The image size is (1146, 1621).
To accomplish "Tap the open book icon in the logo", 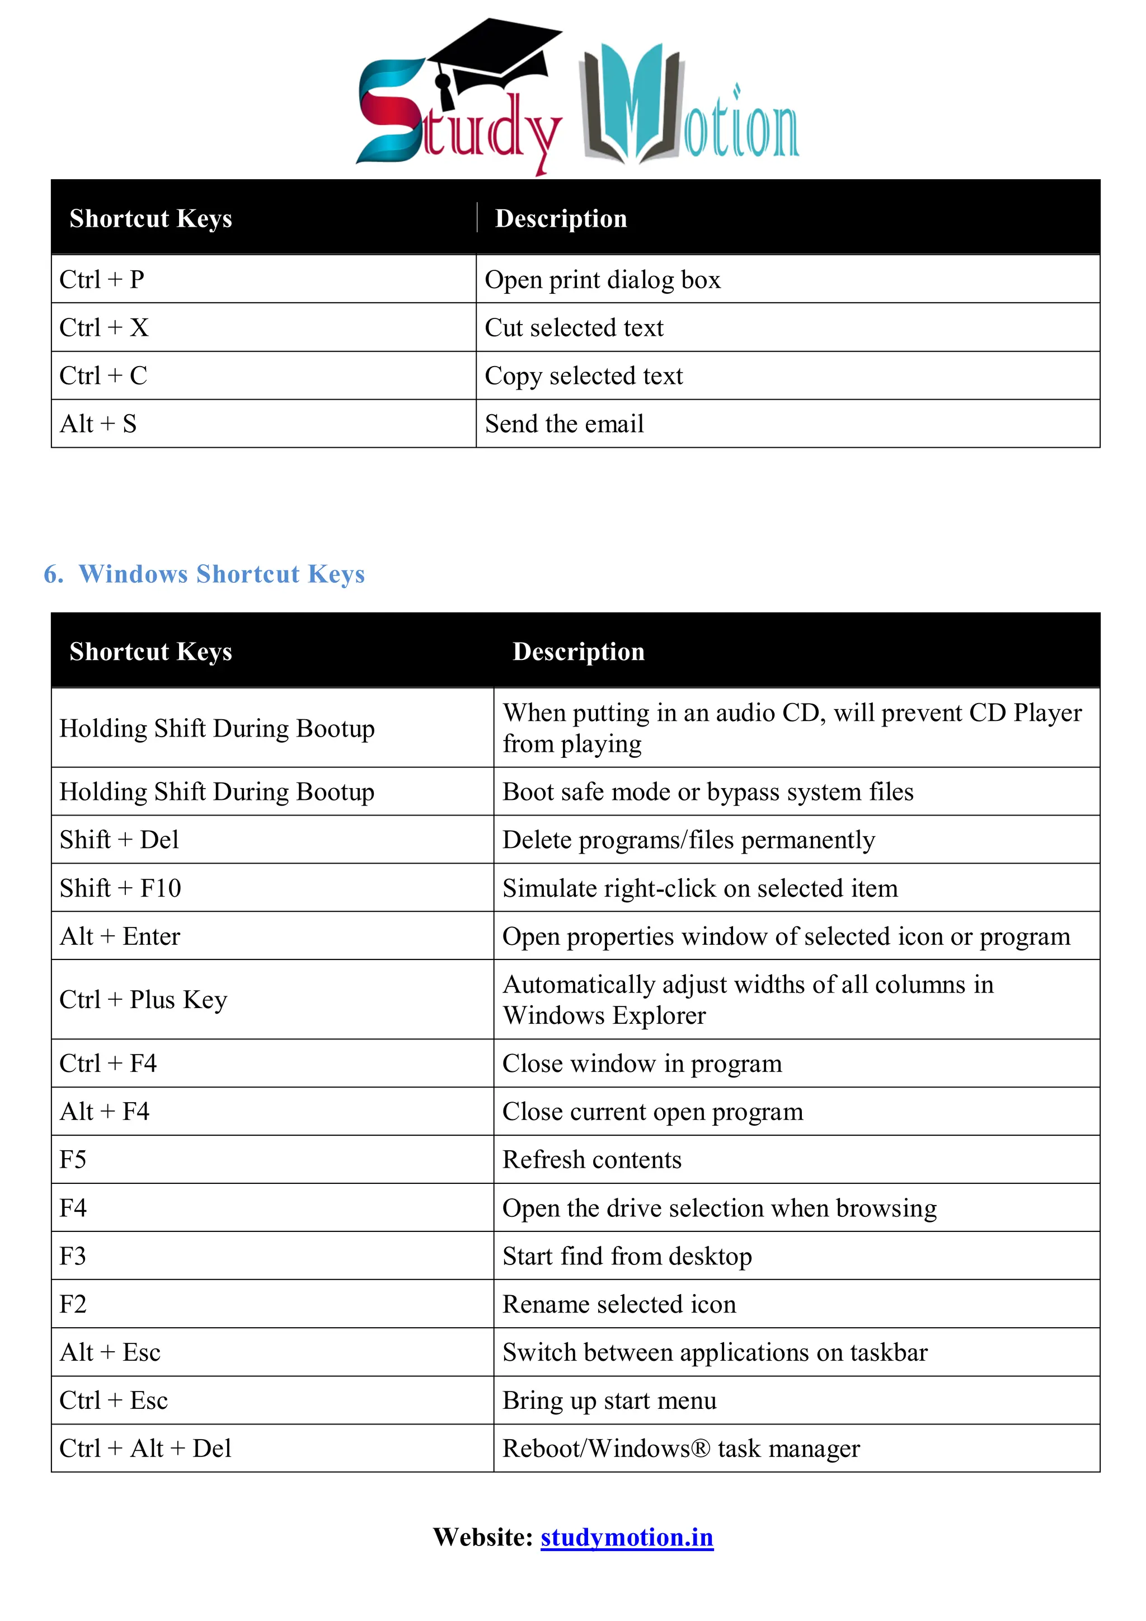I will pos(632,106).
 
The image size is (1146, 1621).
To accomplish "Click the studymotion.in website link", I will pos(627,1537).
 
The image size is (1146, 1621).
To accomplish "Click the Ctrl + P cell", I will pos(102,279).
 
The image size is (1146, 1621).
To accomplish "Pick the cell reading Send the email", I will pos(564,424).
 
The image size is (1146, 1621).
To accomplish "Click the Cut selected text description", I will pos(574,327).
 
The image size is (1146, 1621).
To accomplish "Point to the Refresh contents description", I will pos(591,1160).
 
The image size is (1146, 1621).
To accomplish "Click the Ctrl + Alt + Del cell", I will pos(145,1449).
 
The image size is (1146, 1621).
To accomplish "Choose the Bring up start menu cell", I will pos(609,1400).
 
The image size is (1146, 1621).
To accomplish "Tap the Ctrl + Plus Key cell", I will pos(143,1000).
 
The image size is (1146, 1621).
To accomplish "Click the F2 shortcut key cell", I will pos(73,1304).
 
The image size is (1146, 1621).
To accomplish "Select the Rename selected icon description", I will pos(619,1304).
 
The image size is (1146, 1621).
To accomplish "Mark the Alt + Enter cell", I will pos(120,936).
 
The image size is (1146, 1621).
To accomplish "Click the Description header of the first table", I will pos(561,218).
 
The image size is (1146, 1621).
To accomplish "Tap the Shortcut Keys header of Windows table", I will pos(151,651).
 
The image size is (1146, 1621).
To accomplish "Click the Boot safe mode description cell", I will pos(708,792).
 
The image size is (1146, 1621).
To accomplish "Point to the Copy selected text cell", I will pos(584,376).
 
